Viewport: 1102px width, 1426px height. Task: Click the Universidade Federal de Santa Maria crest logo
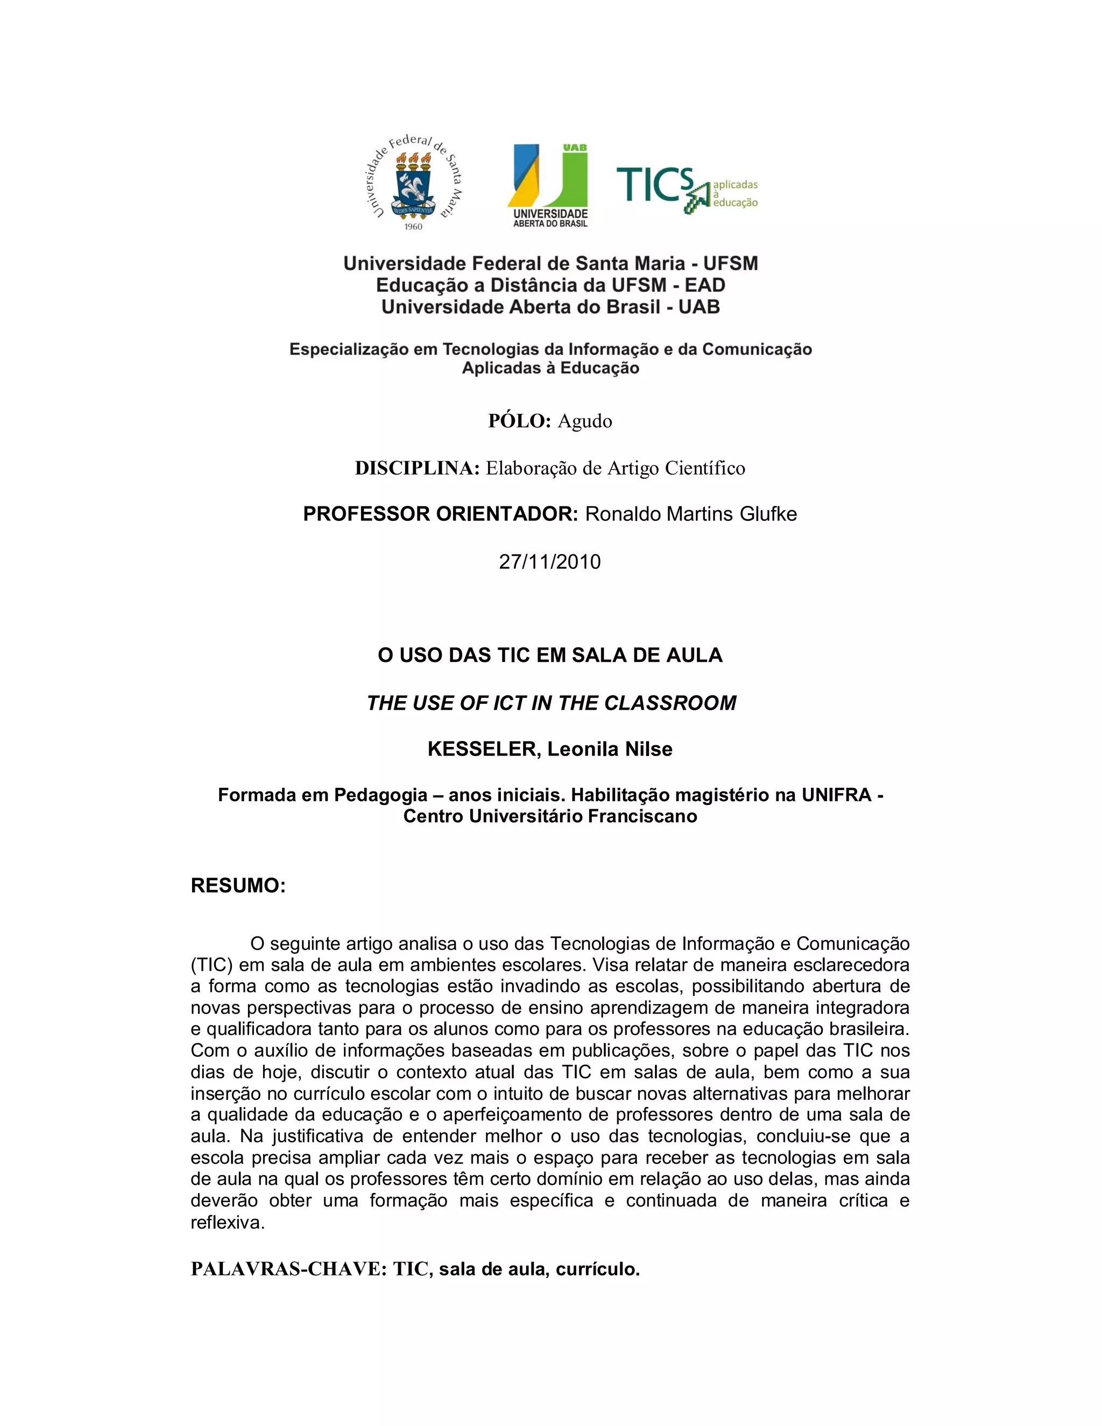tap(413, 184)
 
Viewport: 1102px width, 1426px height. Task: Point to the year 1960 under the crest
tap(413, 227)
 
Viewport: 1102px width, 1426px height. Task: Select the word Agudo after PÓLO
tap(584, 421)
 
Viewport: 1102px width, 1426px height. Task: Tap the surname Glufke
tap(768, 514)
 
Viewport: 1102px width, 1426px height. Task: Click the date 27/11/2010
tap(550, 561)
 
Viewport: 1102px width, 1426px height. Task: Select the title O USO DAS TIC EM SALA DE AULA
tap(550, 655)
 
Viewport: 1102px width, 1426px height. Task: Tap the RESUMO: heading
tap(238, 886)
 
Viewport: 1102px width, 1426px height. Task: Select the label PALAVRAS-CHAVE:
tap(289, 1269)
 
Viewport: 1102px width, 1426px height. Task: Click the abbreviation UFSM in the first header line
tap(731, 264)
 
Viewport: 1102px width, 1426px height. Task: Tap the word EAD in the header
tap(705, 285)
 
